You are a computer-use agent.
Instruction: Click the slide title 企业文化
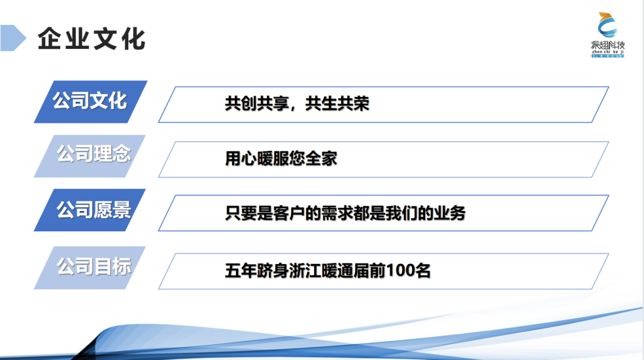[91, 39]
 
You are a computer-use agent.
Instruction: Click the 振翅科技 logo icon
[608, 26]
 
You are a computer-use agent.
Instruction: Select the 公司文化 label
[90, 101]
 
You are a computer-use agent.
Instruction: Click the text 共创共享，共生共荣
[297, 104]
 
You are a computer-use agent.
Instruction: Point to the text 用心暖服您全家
[281, 159]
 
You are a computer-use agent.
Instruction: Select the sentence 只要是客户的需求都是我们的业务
[345, 213]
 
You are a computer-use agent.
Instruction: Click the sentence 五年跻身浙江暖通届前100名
[327, 271]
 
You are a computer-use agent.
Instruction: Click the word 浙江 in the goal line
[313, 271]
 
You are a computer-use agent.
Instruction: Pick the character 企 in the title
[49, 39]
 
